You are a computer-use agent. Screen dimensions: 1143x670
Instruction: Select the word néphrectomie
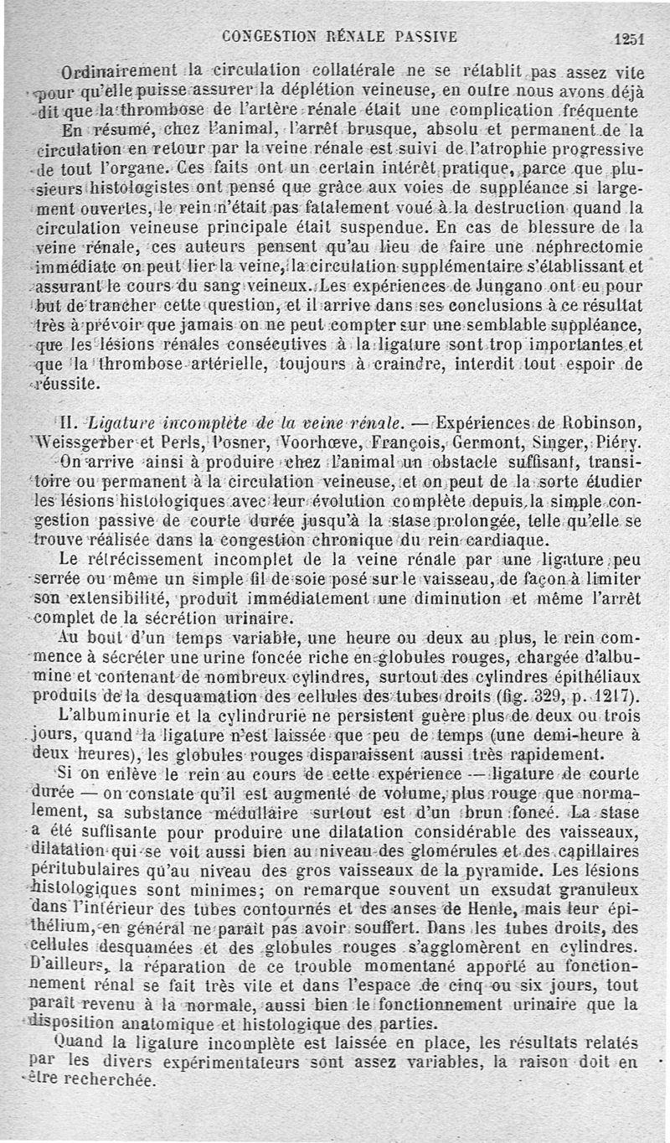[595, 246]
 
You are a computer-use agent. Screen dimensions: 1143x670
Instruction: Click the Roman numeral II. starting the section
[73, 421]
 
